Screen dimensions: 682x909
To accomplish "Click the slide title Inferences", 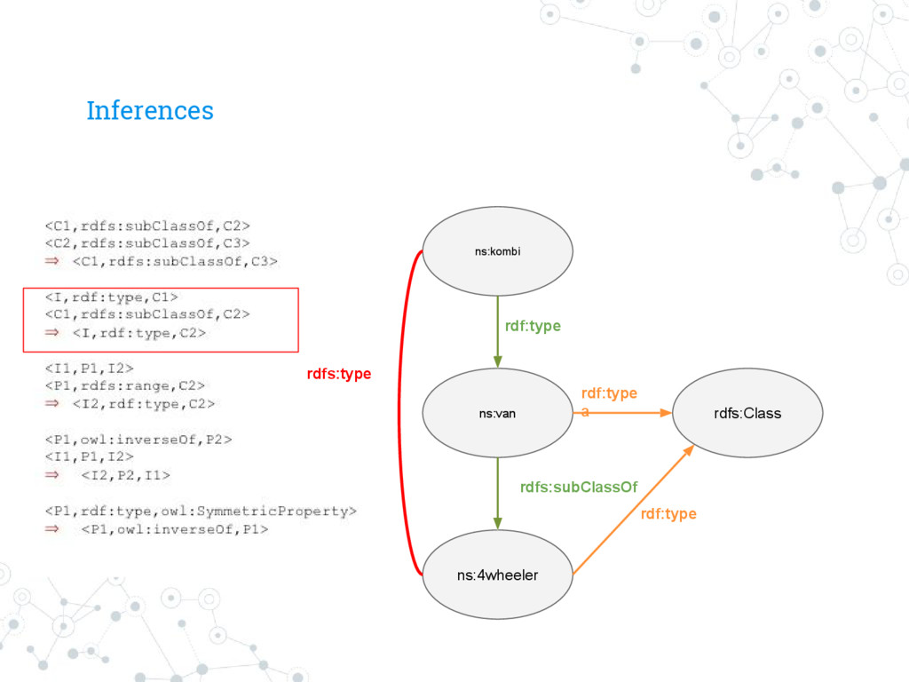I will (150, 111).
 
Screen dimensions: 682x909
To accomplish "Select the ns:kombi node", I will (497, 251).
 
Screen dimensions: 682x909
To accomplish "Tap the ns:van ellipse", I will (497, 413).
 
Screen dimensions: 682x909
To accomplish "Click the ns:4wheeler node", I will (497, 575).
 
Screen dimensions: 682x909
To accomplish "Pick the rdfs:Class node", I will (747, 413).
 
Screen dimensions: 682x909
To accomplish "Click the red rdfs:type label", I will (339, 375).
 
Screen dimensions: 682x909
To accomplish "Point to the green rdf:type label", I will (533, 327).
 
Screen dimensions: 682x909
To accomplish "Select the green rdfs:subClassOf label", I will (579, 487).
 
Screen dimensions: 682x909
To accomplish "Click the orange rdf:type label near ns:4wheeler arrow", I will (668, 514).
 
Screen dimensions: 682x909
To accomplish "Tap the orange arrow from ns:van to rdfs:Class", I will (626, 413).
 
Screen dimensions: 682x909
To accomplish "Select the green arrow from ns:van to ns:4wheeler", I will (497, 493).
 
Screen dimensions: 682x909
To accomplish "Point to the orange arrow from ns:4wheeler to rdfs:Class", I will (632, 511).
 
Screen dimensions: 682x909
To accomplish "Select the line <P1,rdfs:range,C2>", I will (125, 385).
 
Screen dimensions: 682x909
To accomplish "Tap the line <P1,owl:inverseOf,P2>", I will (132, 439).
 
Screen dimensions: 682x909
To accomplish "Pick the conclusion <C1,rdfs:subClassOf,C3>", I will (175, 261).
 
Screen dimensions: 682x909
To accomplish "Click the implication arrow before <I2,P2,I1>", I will (53, 476).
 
